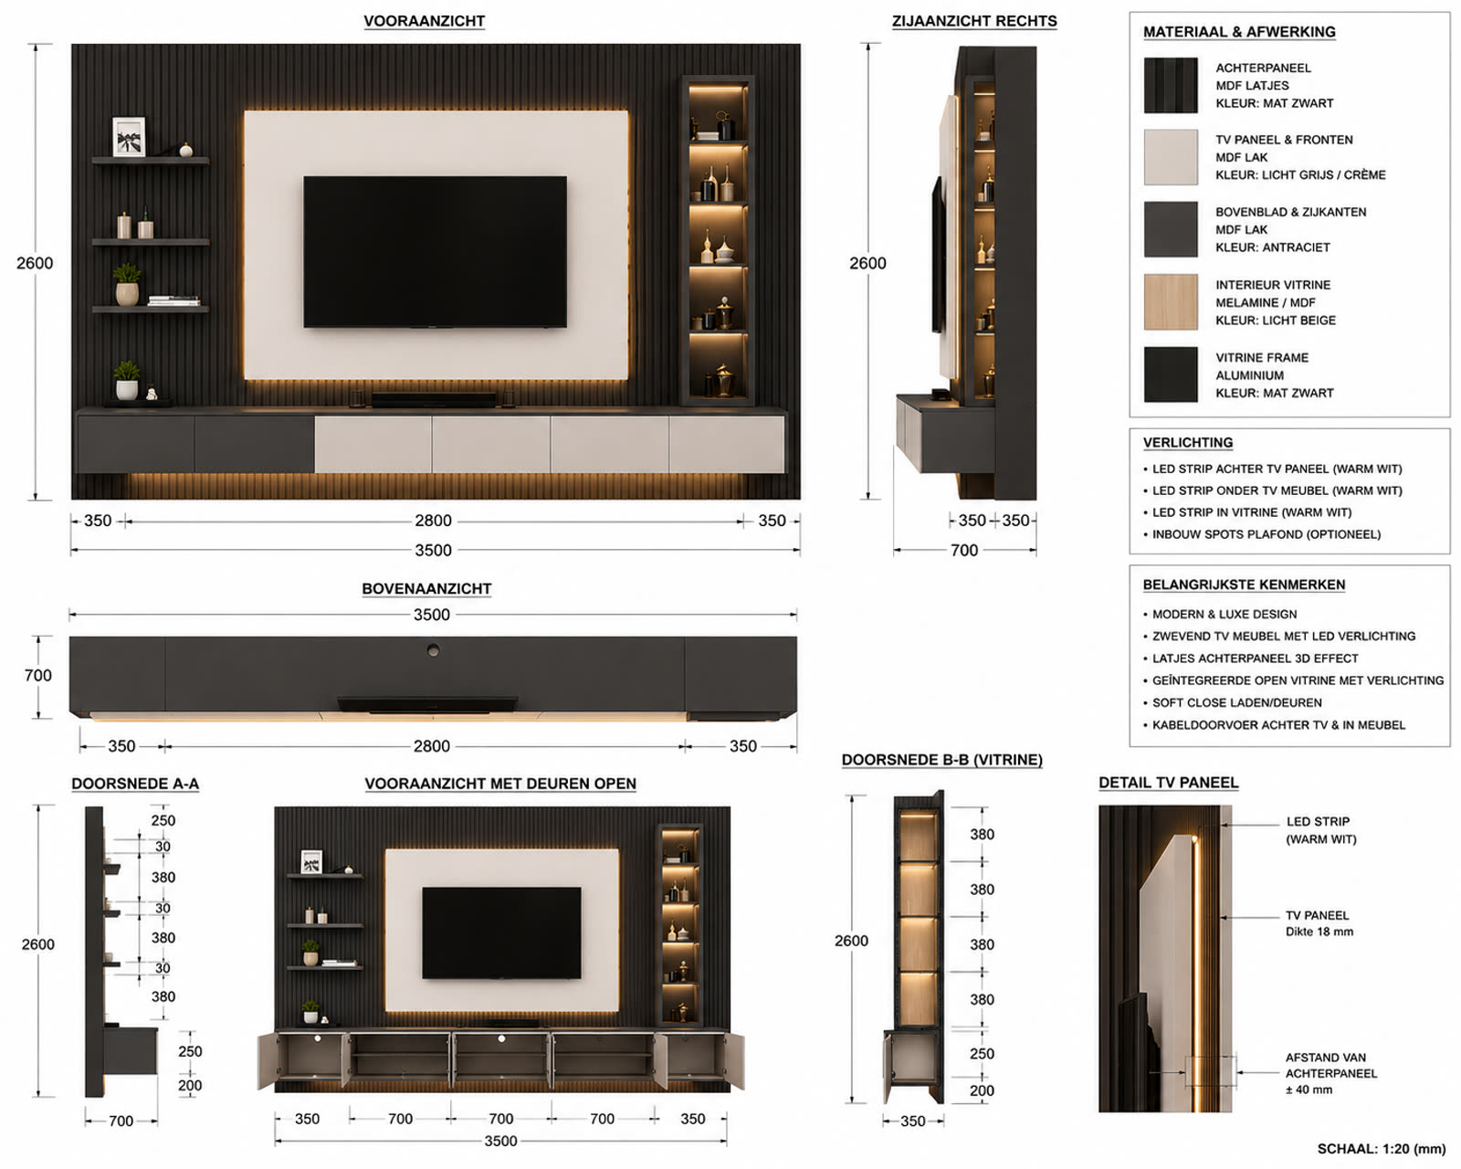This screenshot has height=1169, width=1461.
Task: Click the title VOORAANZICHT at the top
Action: [x=424, y=21]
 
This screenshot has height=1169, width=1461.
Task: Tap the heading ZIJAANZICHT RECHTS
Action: [x=974, y=21]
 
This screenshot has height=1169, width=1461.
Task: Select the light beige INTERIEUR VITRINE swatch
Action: [x=1171, y=301]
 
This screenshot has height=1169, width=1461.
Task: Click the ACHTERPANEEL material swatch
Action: [x=1171, y=85]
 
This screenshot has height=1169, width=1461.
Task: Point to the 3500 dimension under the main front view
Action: [x=433, y=550]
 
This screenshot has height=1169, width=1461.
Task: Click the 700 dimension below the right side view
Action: [x=964, y=550]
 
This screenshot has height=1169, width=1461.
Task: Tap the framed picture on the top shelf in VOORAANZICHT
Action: [x=129, y=136]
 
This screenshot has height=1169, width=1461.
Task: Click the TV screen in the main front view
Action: [x=435, y=251]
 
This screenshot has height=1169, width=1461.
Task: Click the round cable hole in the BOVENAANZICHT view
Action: [x=433, y=650]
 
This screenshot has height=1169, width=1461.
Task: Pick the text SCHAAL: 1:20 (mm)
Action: [x=1382, y=1149]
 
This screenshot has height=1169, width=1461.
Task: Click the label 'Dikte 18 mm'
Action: [x=1319, y=932]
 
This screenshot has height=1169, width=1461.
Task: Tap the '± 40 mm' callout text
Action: [x=1309, y=1090]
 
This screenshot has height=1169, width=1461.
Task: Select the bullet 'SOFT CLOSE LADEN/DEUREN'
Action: [x=1237, y=703]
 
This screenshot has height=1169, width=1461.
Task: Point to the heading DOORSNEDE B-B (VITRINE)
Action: [x=941, y=760]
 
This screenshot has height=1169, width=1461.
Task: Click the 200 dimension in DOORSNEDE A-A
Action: [x=190, y=1086]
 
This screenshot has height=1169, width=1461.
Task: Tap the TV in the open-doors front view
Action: [x=501, y=932]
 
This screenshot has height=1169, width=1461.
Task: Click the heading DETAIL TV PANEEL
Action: [x=1169, y=783]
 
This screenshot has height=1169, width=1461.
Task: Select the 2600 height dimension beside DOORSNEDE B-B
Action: [x=851, y=941]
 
